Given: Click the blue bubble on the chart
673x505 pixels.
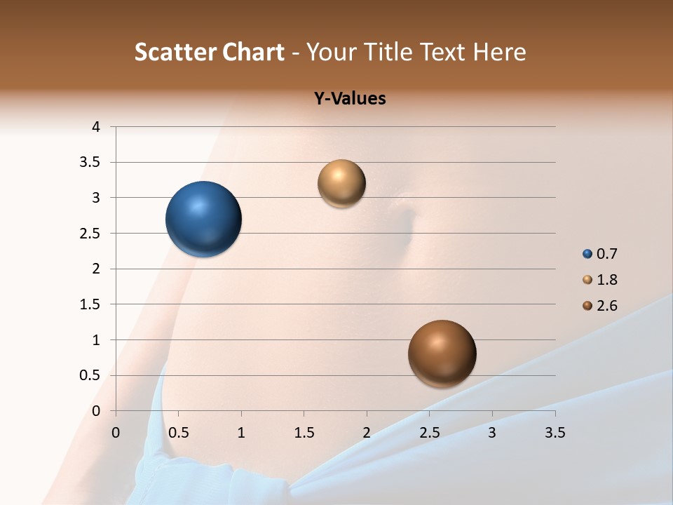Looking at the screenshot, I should pos(204,219).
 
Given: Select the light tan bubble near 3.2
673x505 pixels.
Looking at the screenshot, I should pos(341,184).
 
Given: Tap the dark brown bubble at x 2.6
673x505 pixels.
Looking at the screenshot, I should pos(442,353).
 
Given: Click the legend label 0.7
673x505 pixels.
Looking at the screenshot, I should pos(606,254).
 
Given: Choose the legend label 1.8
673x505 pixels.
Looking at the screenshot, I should pos(606,280).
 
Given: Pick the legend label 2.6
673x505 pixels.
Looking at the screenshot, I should pos(606,306).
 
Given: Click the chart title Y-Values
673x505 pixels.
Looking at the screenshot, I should pos(349,99).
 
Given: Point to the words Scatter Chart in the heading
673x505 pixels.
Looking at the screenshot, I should pos(209,52).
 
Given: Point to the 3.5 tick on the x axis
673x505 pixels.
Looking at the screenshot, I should pos(555,433).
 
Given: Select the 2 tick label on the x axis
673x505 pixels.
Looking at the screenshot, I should pos(367,433).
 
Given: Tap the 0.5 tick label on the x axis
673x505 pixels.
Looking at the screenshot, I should pos(179,433).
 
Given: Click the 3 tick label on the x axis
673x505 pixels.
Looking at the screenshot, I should pos(492,433).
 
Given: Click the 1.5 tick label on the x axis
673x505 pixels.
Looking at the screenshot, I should pos(304,433).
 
